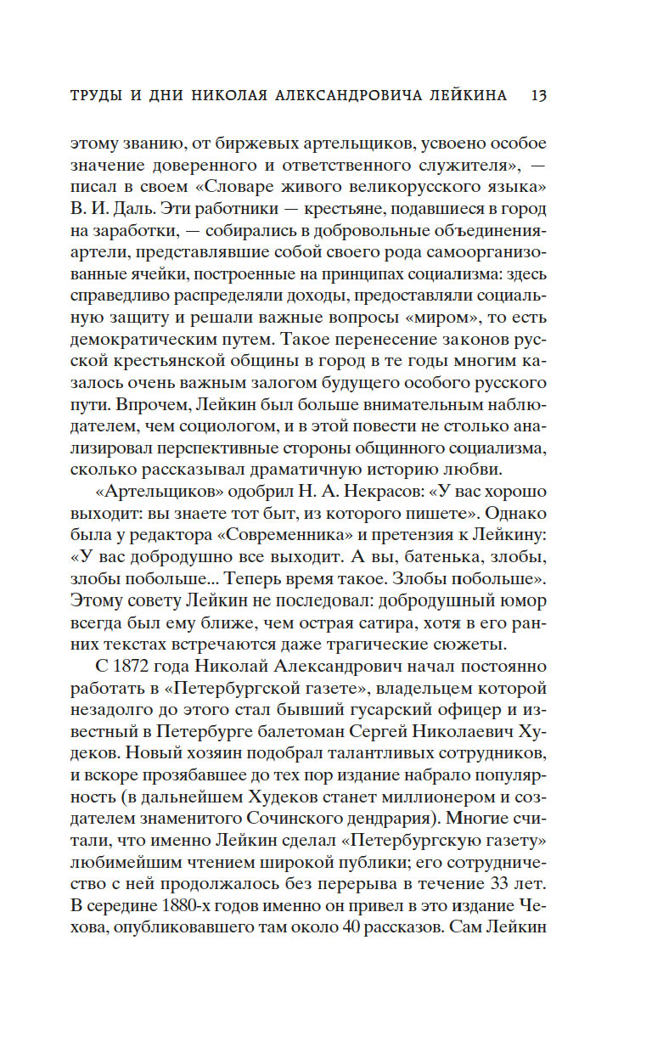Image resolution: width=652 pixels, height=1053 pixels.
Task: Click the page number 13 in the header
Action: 537,95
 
